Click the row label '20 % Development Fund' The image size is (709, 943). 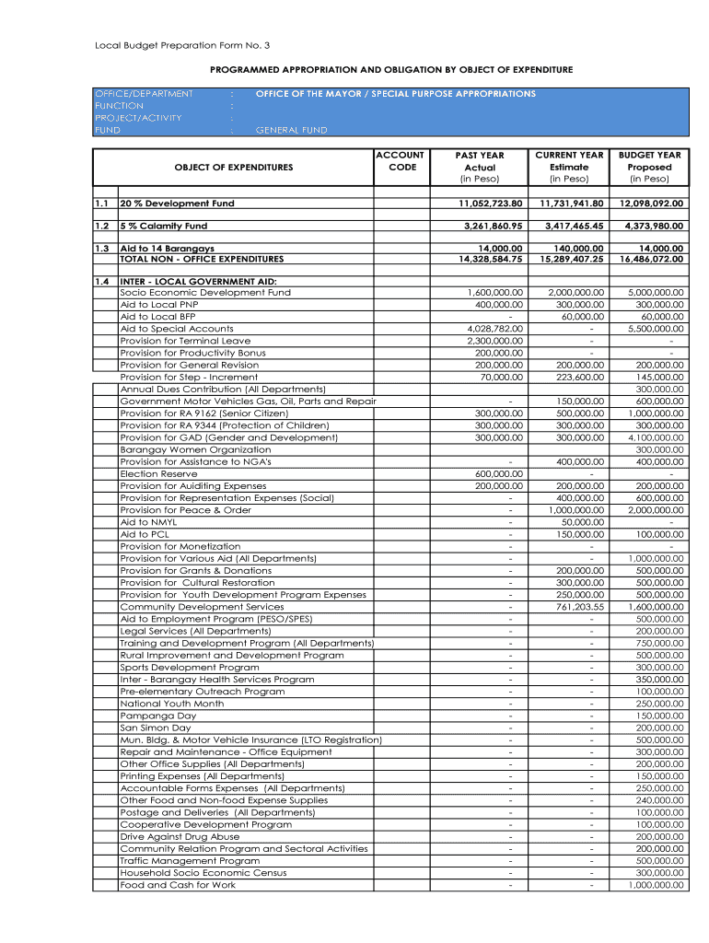(x=178, y=204)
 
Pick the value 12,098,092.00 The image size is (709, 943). (x=651, y=204)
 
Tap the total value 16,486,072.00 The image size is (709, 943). (x=651, y=260)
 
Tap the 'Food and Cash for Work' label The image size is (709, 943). (x=178, y=885)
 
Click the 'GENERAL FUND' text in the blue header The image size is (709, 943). (x=291, y=130)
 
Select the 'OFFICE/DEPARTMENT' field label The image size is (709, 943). (x=145, y=94)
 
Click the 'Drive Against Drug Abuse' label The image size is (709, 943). (x=180, y=836)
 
